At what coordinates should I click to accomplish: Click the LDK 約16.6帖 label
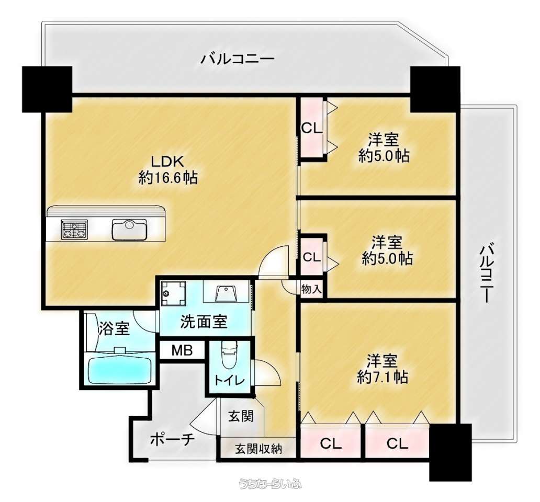tap(168, 169)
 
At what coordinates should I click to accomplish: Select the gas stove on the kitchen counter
tap(74, 229)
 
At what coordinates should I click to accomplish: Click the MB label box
tap(182, 351)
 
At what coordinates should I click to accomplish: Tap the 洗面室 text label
tap(204, 322)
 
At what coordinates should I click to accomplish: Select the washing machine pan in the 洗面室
tap(174, 293)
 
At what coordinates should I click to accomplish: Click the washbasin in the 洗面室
tap(226, 292)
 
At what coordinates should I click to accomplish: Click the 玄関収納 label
tap(258, 449)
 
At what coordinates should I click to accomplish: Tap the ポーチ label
tap(173, 439)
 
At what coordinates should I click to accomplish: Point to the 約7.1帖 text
tap(383, 378)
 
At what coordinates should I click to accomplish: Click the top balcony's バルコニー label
tap(238, 59)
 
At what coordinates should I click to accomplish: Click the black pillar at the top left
tap(47, 89)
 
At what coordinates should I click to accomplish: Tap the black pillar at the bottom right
tap(450, 452)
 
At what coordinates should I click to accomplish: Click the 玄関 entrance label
tap(241, 416)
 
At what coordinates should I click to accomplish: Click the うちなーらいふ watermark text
tap(271, 484)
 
